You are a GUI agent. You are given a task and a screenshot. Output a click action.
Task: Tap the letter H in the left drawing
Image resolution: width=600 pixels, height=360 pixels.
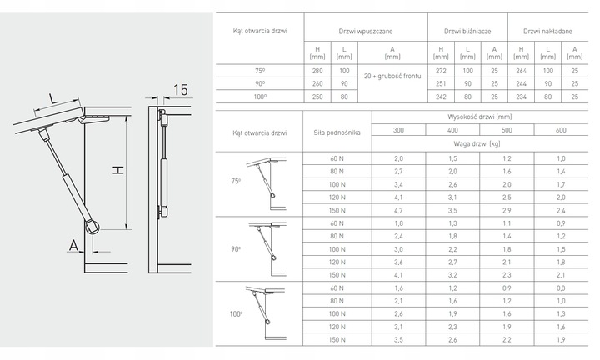point(118,170)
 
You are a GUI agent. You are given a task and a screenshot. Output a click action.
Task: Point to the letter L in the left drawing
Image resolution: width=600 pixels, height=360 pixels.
point(52,99)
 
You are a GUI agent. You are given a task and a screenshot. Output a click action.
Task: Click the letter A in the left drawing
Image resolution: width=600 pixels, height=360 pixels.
point(73,245)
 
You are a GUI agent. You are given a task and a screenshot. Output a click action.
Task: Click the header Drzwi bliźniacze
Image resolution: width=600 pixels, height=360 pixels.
point(459,30)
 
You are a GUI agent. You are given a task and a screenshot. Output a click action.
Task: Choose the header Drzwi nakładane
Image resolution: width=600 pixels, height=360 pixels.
point(547,30)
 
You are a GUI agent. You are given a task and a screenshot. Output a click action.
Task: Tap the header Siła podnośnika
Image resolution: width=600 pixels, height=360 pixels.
point(336,130)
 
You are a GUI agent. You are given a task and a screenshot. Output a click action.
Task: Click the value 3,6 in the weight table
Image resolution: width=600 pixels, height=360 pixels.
point(398,262)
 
